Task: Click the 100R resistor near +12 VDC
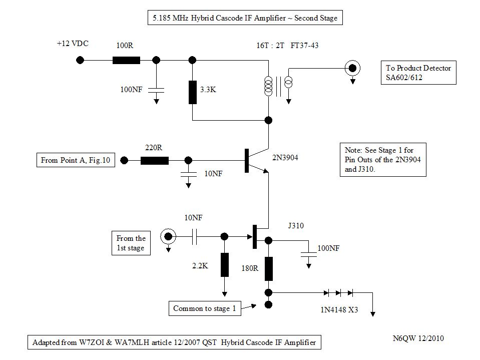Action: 126,60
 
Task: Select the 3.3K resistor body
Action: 193,92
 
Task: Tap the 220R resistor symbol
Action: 154,161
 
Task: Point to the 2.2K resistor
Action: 224,264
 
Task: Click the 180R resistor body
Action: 268,268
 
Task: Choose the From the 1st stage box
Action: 131,243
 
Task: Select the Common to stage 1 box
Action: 204,308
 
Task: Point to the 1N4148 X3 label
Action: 339,310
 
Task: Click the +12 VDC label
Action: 73,44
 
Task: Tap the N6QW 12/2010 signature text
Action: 418,338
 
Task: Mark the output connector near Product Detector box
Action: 353,68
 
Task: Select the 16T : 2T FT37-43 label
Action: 284,46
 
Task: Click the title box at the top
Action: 245,19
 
